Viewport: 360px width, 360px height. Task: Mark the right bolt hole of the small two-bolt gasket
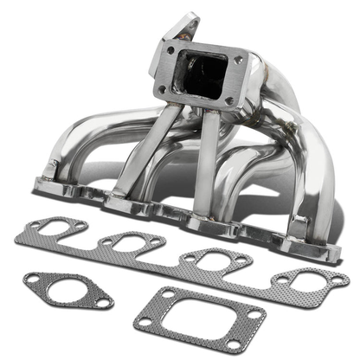[x=103, y=302]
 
